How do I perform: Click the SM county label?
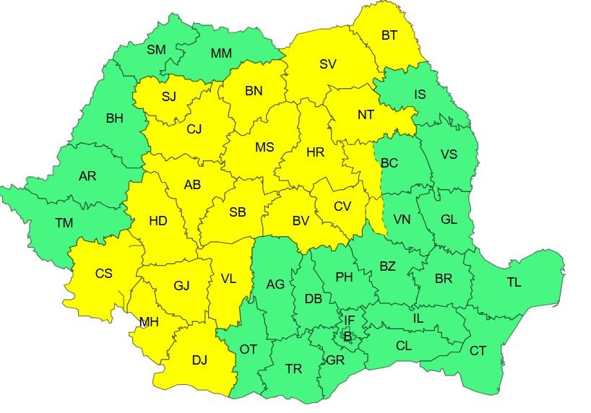(x=156, y=50)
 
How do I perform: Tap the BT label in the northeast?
(x=389, y=35)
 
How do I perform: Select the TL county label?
(x=513, y=282)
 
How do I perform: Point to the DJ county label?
(x=199, y=360)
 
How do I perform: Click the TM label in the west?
(x=64, y=223)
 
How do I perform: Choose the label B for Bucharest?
(x=348, y=336)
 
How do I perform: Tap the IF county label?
(x=349, y=320)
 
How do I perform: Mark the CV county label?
(x=342, y=206)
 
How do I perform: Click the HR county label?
(x=315, y=152)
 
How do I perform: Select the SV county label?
(x=327, y=64)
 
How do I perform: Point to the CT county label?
(x=478, y=351)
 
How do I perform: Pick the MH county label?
(x=149, y=322)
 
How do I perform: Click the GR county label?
(x=335, y=360)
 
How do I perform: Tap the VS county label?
(x=449, y=155)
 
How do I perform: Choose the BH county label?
(x=114, y=118)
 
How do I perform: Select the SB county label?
(x=237, y=212)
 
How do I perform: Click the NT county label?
(x=366, y=113)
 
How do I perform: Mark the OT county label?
(x=248, y=349)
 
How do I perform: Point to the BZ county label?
(x=387, y=266)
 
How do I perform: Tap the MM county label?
(x=221, y=53)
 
